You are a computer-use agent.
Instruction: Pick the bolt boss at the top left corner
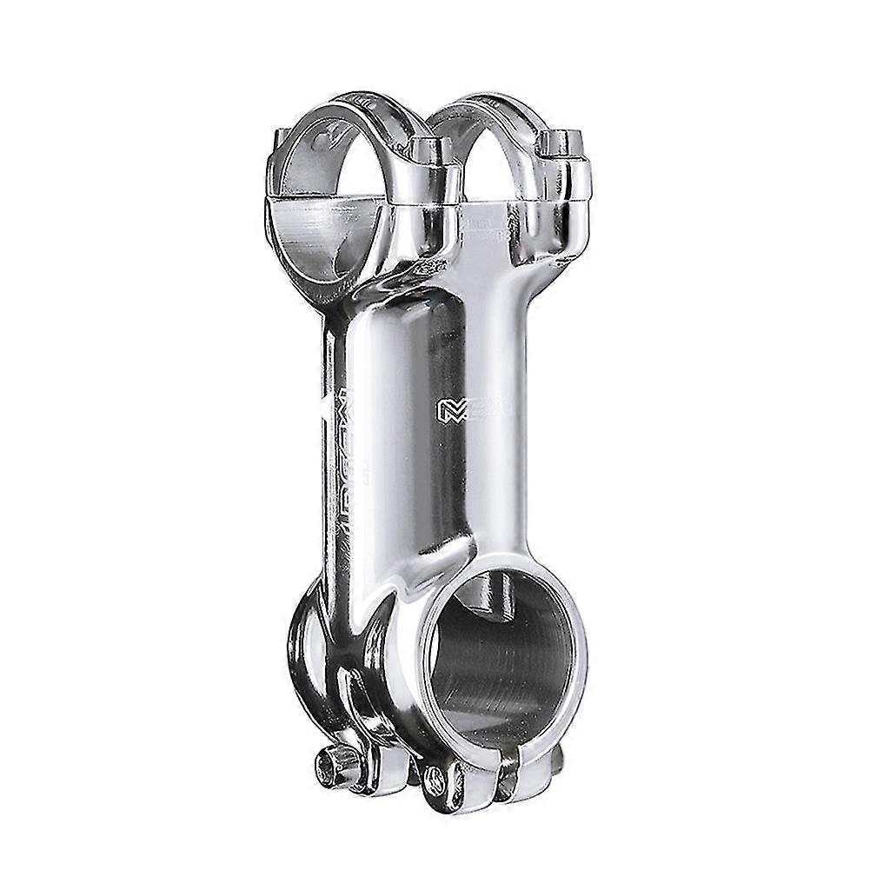[280, 143]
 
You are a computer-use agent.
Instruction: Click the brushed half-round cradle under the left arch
[322, 230]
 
